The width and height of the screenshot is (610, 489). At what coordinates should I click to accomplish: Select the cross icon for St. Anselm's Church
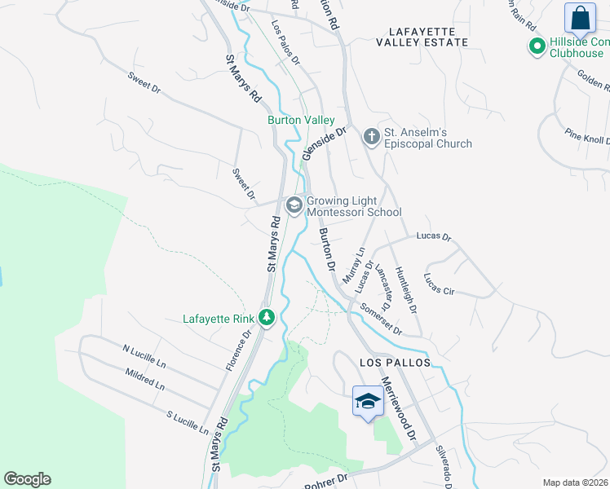371,136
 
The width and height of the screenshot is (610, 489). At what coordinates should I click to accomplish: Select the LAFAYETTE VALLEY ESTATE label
422,42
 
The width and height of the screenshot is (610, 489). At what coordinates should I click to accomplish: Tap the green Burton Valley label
301,120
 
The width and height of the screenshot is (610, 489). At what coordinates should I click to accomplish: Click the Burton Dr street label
327,249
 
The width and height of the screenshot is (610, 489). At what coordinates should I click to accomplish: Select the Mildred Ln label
144,379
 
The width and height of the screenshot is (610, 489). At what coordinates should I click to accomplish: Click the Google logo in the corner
27,479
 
